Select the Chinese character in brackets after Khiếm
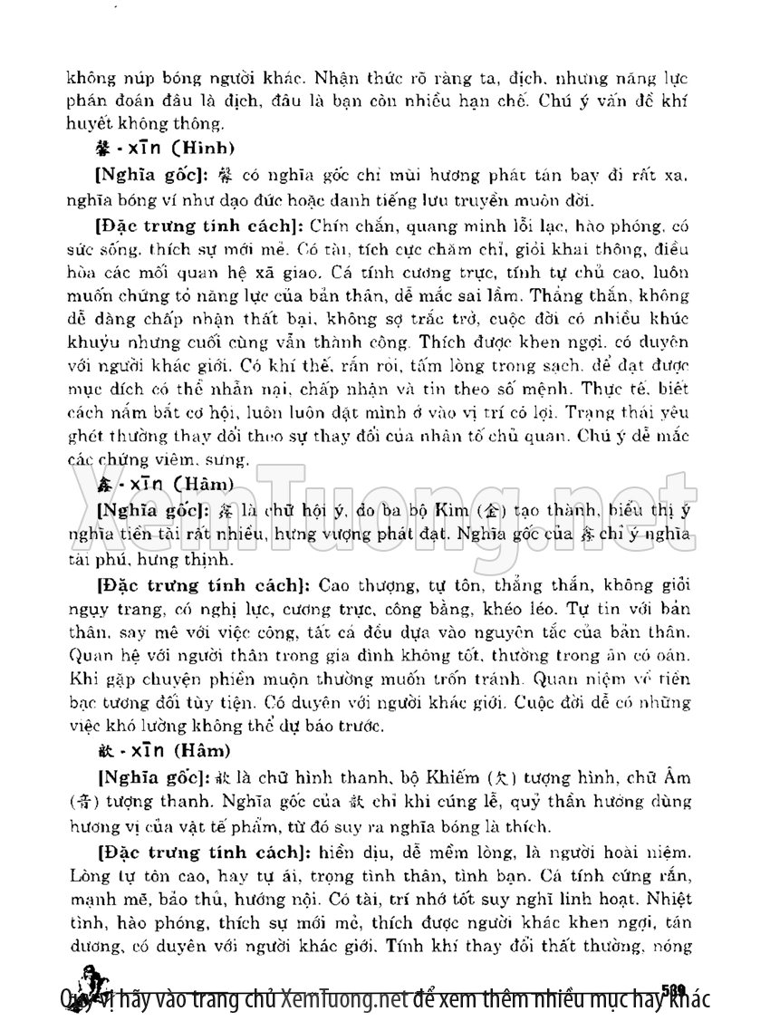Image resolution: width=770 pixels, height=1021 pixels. (x=513, y=778)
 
